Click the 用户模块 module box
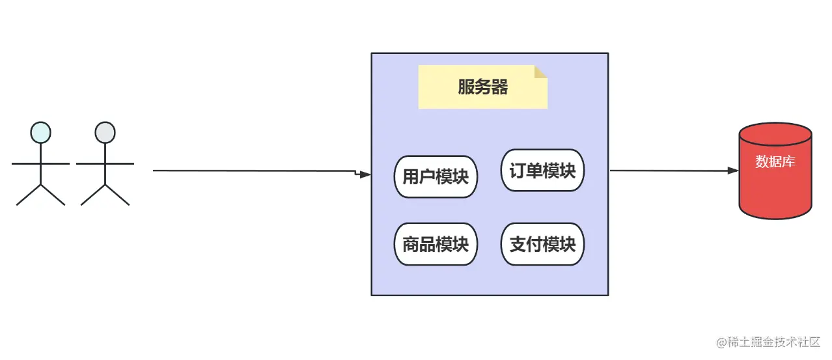tap(436, 176)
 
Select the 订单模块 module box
tap(542, 171)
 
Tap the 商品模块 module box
tap(436, 244)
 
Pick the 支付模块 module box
tap(542, 244)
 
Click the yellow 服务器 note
tap(482, 87)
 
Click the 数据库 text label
tap(775, 161)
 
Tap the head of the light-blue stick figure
tap(40, 132)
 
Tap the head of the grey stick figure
tap(105, 132)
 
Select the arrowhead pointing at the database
tap(733, 171)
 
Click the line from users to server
tap(254, 171)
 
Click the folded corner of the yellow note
tap(541, 71)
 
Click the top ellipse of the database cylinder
tap(775, 133)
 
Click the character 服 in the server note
tap(465, 87)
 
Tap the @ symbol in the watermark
tap(721, 342)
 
